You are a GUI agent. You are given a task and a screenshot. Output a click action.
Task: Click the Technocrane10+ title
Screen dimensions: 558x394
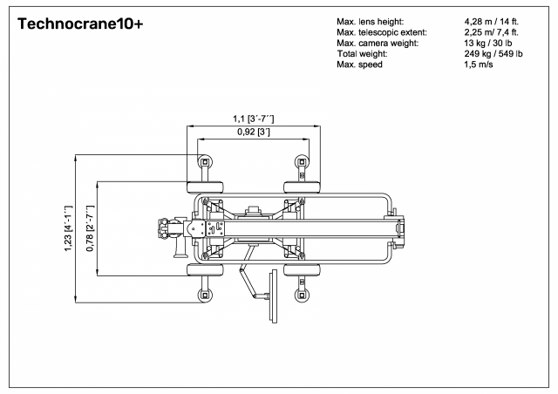pyautogui.click(x=80, y=24)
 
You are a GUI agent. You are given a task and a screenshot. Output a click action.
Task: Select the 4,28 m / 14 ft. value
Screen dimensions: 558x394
pyautogui.click(x=491, y=22)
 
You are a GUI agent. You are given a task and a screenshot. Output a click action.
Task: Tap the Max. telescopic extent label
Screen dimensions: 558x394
pyautogui.click(x=382, y=32)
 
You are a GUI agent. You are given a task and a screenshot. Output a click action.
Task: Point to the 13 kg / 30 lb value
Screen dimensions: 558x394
pyautogui.click(x=488, y=43)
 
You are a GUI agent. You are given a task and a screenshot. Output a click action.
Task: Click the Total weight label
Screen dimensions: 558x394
pyautogui.click(x=362, y=54)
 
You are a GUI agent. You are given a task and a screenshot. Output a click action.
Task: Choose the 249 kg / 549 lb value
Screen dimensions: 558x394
pyautogui.click(x=493, y=54)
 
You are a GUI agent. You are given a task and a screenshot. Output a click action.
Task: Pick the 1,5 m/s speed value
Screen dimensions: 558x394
pyautogui.click(x=479, y=65)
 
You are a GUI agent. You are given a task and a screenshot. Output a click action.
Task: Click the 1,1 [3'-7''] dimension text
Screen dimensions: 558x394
pyautogui.click(x=254, y=119)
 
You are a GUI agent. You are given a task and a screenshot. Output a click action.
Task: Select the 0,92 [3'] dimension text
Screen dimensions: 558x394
pyautogui.click(x=254, y=132)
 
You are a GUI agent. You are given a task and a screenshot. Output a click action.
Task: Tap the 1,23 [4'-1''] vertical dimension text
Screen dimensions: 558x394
pyautogui.click(x=68, y=228)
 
